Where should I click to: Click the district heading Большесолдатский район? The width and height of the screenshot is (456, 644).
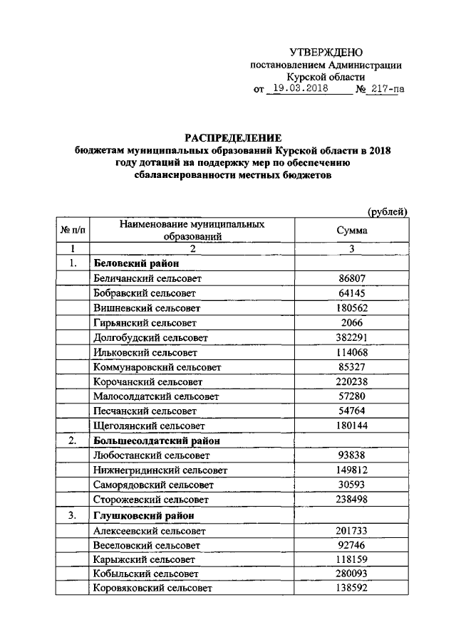point(157,440)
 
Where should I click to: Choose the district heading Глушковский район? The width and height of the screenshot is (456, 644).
point(139,515)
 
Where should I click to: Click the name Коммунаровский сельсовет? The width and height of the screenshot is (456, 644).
point(157,367)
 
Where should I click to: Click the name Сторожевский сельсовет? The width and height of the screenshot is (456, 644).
point(150,500)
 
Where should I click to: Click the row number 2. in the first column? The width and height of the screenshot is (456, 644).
point(71,440)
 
